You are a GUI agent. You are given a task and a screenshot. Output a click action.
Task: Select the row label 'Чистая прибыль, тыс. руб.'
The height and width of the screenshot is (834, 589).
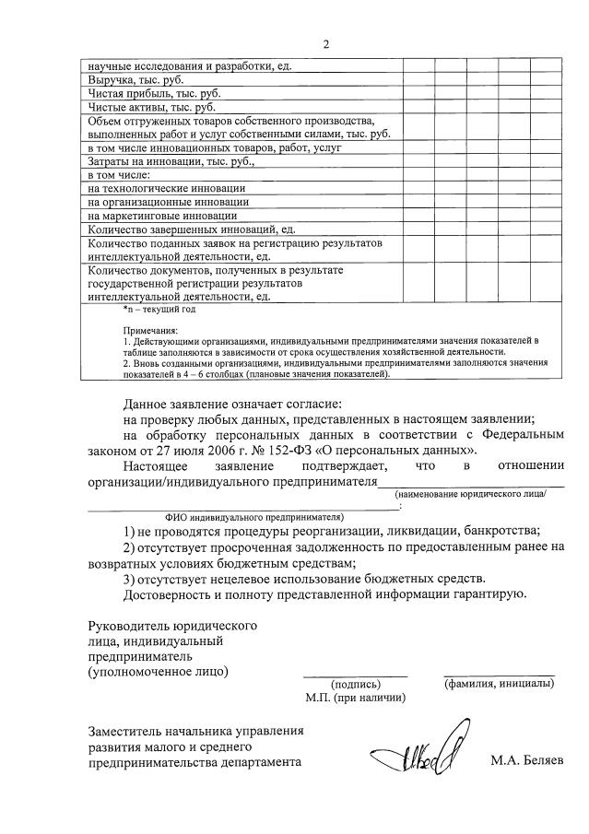tap(154, 93)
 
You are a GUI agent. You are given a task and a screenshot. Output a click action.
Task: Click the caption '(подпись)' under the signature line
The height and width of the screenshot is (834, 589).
tap(355, 684)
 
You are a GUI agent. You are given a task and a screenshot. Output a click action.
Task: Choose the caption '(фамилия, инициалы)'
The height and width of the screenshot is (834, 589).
tap(499, 684)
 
